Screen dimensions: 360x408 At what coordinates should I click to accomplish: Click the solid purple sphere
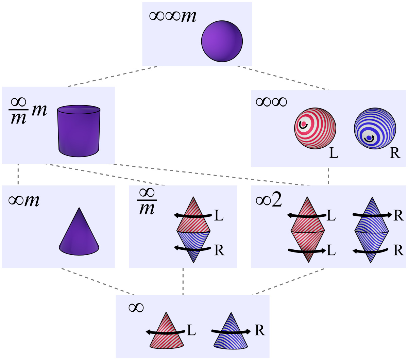222,41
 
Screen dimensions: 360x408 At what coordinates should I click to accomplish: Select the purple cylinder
79,131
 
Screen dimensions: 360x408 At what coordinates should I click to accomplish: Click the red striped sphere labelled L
315,128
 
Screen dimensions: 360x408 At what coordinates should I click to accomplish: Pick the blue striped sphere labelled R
375,128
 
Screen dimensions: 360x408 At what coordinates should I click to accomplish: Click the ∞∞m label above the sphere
173,16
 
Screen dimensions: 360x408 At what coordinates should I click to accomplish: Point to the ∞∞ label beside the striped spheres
271,101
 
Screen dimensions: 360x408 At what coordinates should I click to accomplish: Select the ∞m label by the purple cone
24,200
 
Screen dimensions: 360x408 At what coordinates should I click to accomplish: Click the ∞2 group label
269,201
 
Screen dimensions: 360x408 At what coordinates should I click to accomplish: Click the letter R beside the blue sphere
394,153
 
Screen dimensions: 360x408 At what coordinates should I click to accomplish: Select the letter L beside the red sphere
334,153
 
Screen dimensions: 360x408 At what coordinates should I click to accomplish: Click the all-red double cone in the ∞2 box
308,230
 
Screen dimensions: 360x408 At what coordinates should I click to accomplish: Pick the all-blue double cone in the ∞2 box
371,230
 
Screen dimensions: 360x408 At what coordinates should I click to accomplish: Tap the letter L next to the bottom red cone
191,330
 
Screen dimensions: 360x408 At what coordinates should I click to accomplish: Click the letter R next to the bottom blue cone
260,330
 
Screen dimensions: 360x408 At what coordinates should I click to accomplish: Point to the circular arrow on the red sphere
303,125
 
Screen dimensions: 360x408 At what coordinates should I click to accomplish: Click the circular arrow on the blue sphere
369,138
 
